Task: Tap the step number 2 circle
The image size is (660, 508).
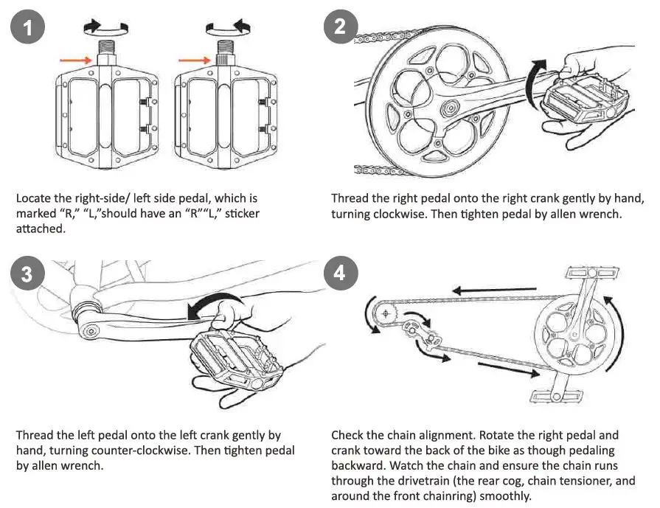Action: (340, 28)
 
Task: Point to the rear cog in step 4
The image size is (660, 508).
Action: (384, 314)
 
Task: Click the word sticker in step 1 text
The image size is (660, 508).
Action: (238, 214)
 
